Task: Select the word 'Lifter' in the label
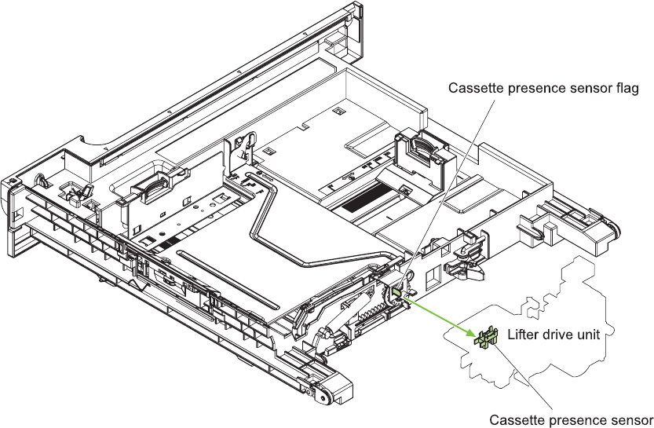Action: pos(524,334)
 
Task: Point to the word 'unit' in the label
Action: pos(590,334)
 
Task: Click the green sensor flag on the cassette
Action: pos(396,294)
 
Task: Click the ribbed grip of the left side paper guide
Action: pos(152,186)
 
